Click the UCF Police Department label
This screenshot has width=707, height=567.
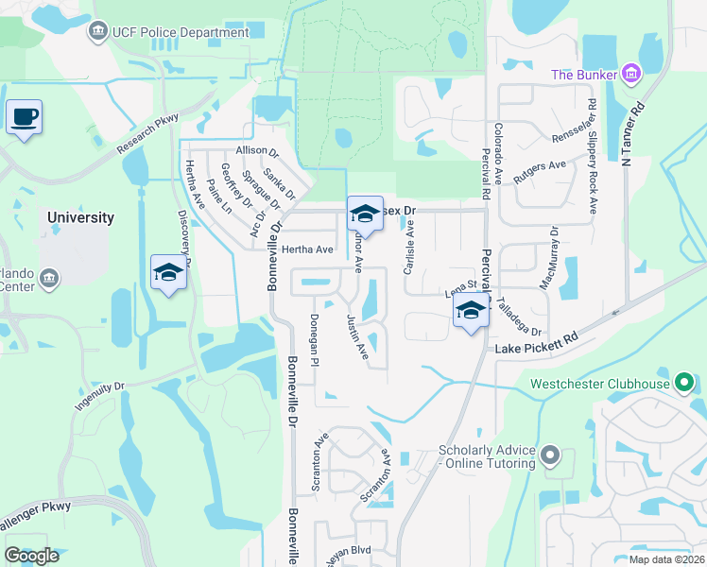[181, 32]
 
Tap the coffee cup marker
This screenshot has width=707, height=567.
[24, 118]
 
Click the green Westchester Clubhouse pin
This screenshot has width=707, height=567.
[686, 383]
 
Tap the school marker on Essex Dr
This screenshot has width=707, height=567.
[364, 215]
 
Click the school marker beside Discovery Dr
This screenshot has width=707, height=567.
[168, 272]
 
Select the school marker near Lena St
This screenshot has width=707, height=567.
[470, 310]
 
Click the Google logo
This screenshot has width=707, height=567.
[31, 555]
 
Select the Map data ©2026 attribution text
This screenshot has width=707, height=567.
[665, 559]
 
